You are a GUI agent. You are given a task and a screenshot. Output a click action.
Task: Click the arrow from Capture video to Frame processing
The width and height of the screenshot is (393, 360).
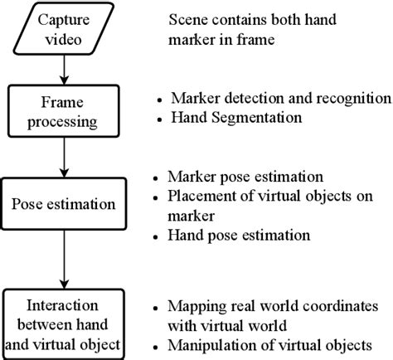[x=64, y=67]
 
